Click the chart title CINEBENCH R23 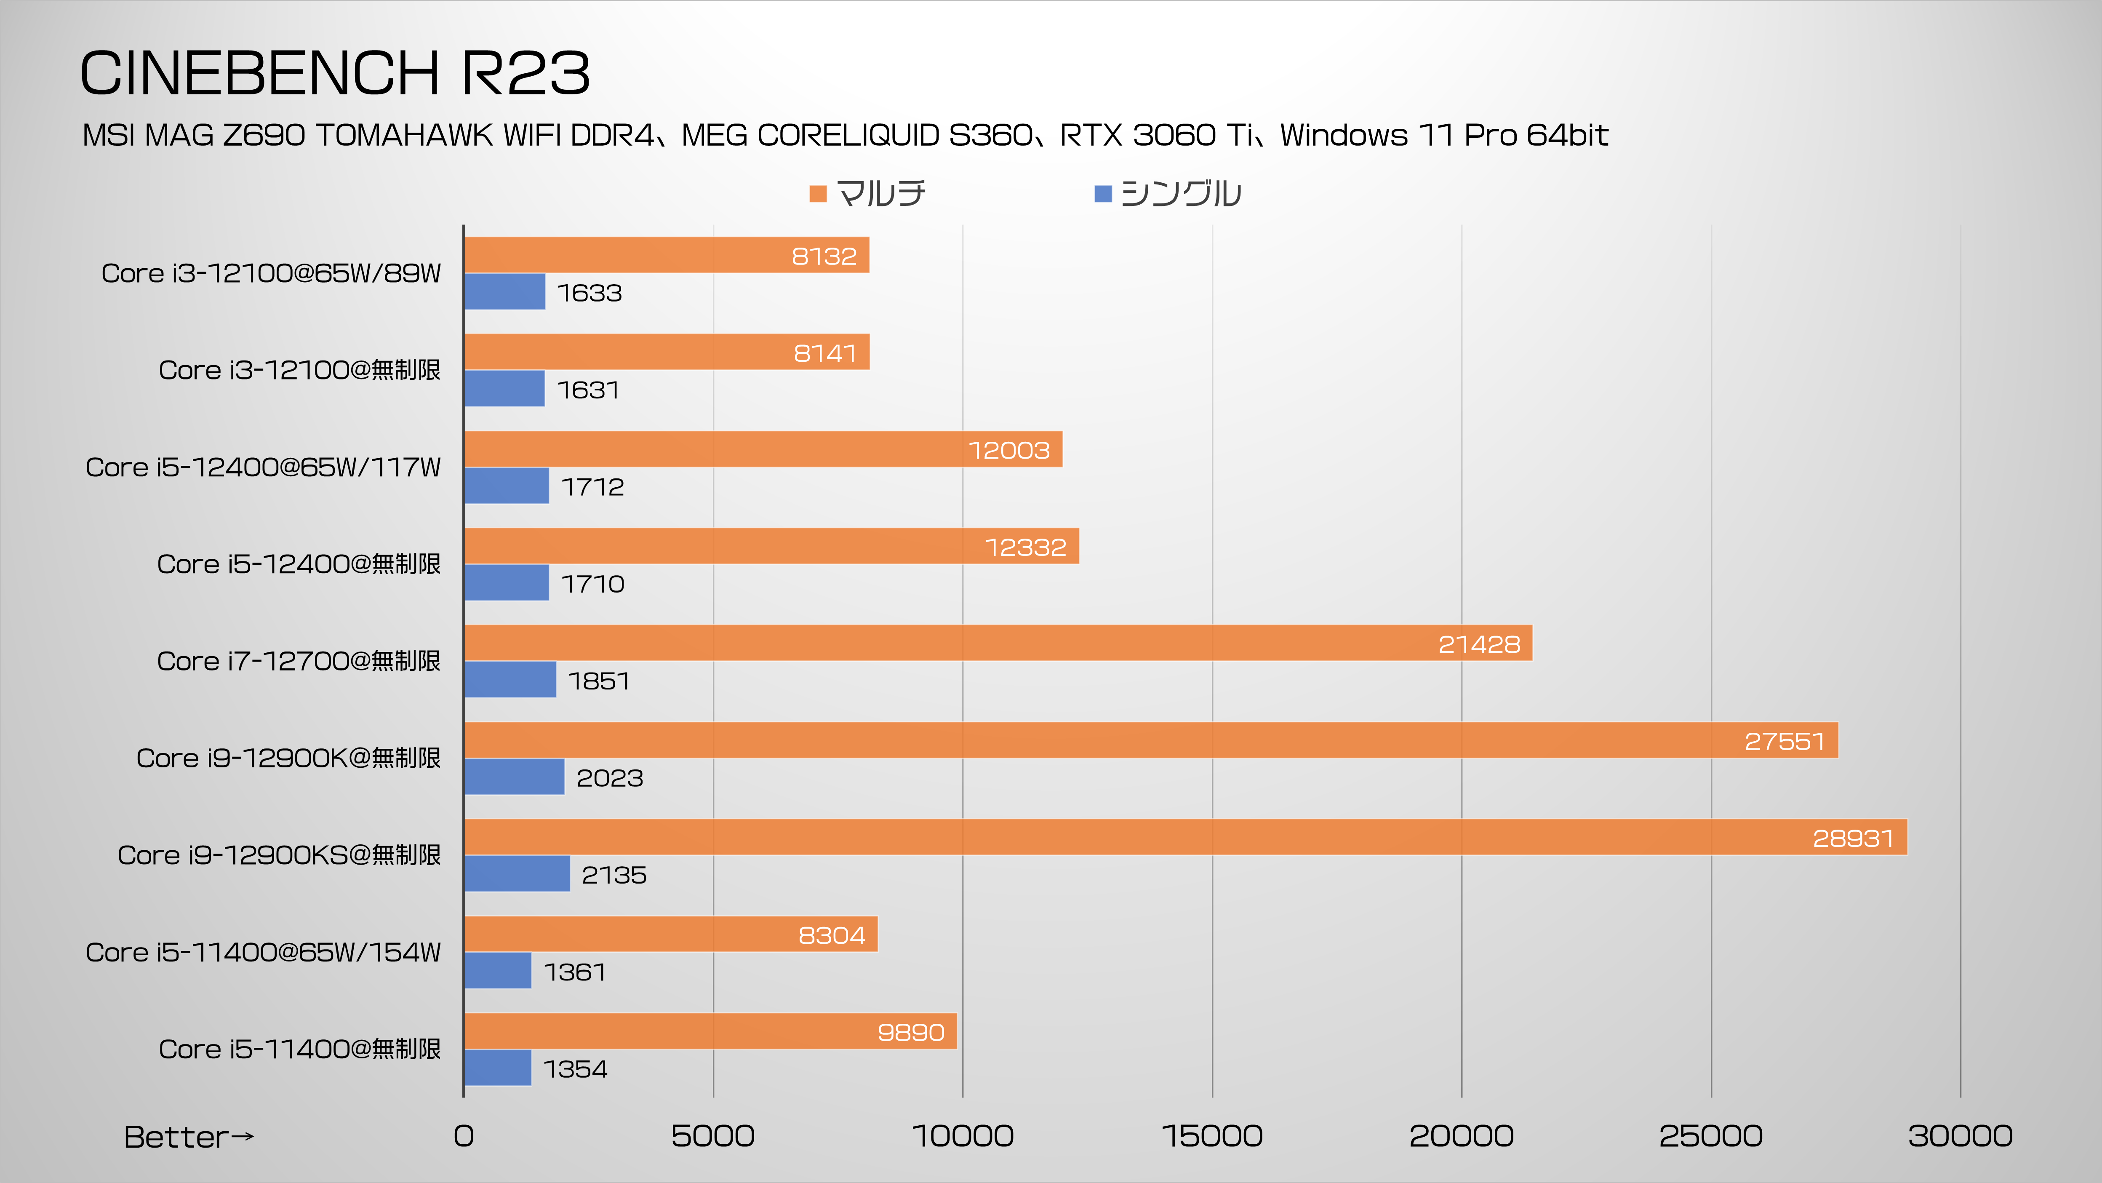tap(335, 73)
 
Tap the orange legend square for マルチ tap(818, 193)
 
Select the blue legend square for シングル tap(1102, 193)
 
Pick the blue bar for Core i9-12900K tap(514, 777)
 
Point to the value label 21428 tap(1478, 644)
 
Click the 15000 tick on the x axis tap(1212, 1136)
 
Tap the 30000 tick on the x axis tap(1960, 1136)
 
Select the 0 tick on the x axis tap(464, 1136)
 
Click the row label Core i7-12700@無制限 tap(299, 661)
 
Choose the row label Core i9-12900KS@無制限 tap(279, 855)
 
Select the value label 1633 tap(589, 293)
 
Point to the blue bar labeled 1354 tap(498, 1068)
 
